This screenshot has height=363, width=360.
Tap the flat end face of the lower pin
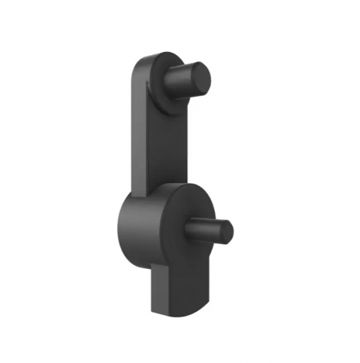click(x=225, y=232)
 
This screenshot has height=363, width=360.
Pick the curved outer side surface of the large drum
click(x=135, y=231)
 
